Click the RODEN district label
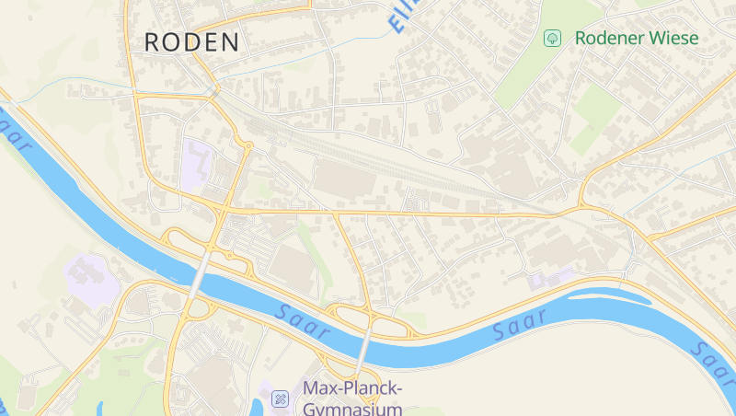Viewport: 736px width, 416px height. (x=192, y=41)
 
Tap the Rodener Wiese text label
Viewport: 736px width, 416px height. (x=636, y=39)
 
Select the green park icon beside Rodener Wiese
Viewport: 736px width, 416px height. (x=552, y=39)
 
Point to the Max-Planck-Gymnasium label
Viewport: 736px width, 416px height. (x=353, y=399)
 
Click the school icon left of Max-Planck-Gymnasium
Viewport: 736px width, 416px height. (x=281, y=398)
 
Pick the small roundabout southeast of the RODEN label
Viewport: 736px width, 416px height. (x=248, y=145)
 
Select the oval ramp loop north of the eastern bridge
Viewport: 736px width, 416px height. (x=351, y=317)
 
